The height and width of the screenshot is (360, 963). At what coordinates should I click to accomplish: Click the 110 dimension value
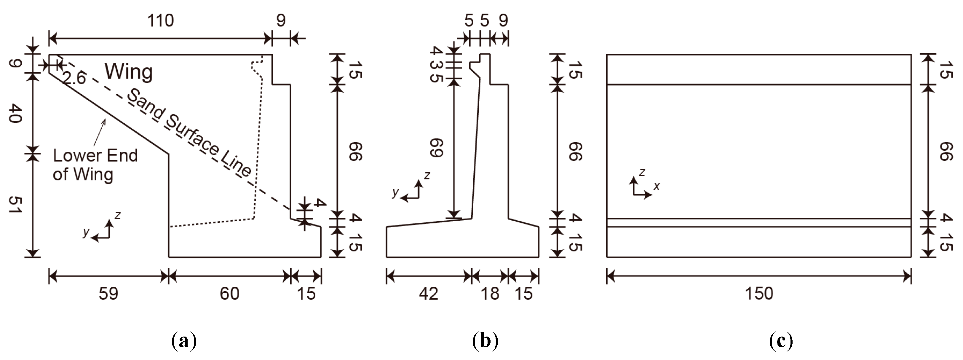tap(160, 20)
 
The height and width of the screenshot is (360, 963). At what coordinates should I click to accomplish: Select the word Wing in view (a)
tap(129, 71)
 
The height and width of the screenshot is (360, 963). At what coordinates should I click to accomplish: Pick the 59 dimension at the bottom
tap(108, 294)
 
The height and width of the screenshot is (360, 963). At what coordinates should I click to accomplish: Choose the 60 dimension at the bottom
tap(229, 294)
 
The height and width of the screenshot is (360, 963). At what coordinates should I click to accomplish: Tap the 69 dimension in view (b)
tap(437, 148)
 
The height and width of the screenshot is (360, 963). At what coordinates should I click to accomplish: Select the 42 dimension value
tap(428, 294)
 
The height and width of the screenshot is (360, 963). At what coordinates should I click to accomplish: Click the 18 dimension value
tap(490, 294)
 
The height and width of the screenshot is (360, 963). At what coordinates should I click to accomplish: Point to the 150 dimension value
tap(759, 294)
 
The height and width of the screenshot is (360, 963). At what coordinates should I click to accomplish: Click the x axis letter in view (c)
tap(657, 186)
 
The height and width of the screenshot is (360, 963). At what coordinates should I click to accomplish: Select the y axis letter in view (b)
tap(395, 192)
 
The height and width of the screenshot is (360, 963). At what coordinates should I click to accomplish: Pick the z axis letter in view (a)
tap(118, 215)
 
